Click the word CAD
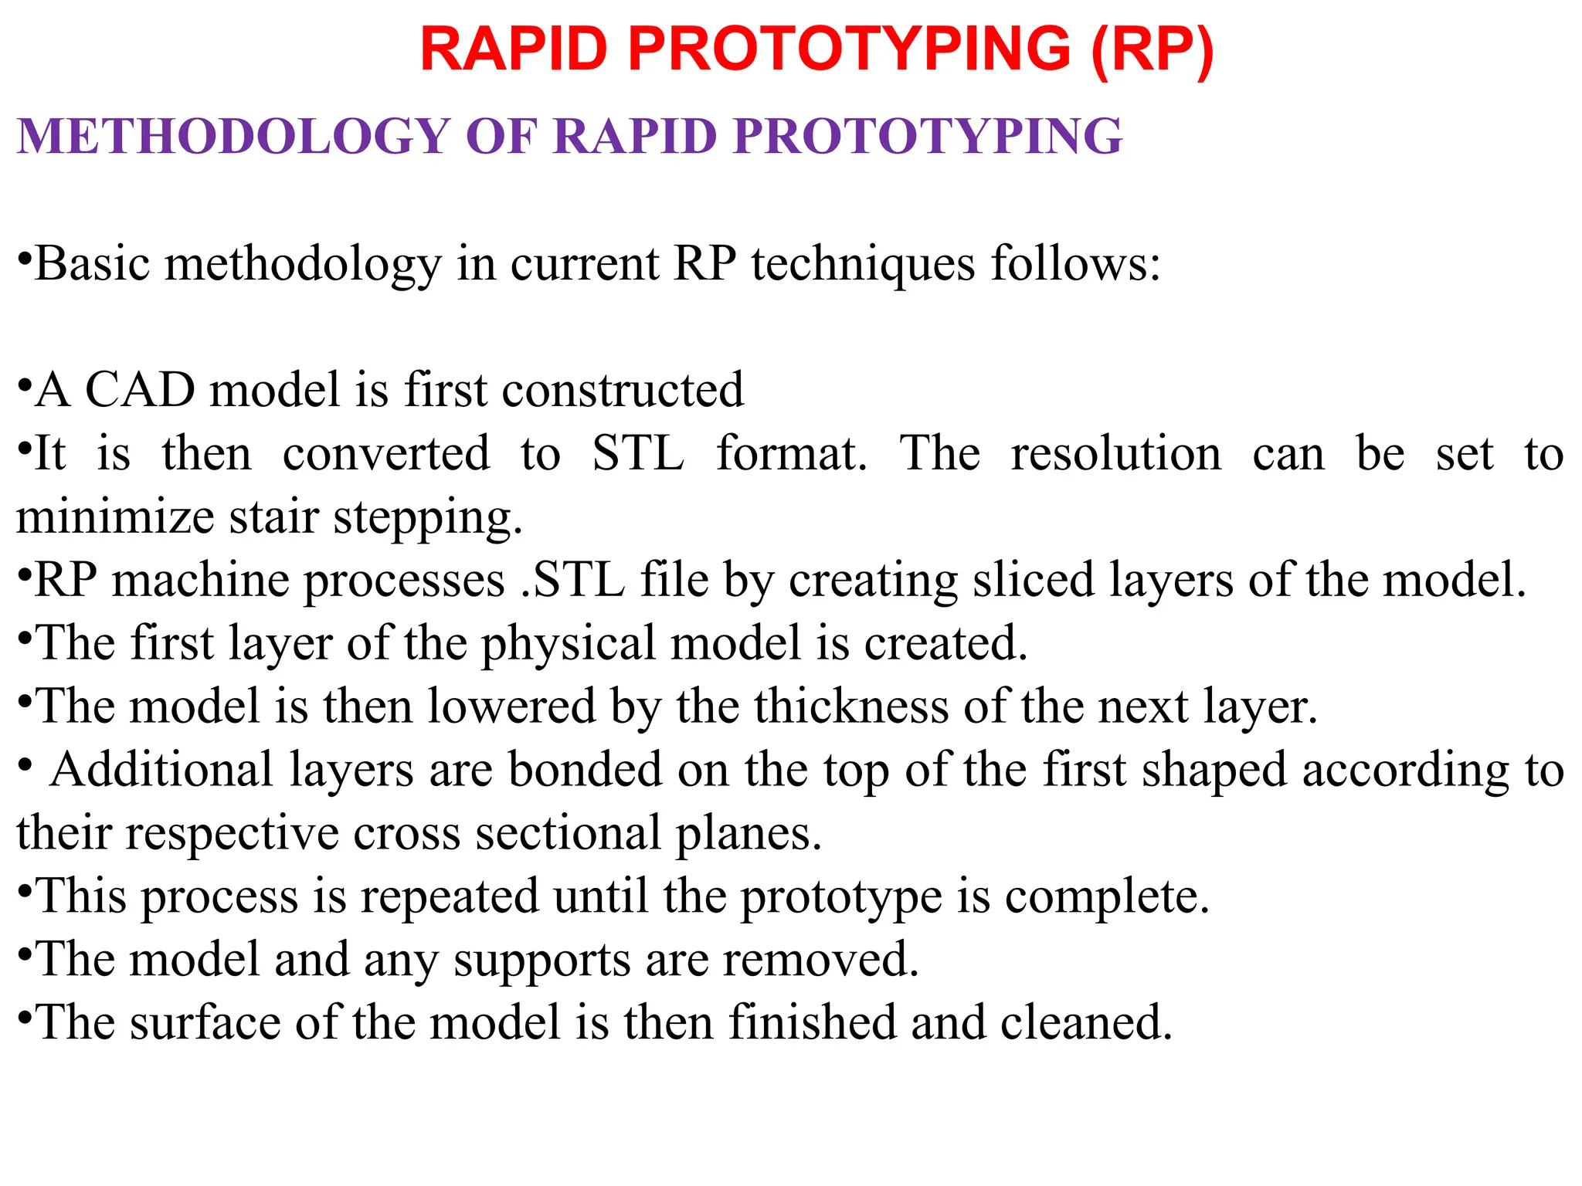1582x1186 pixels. click(140, 390)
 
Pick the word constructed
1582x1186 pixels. click(623, 390)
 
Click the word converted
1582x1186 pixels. click(386, 453)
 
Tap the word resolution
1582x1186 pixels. click(1116, 453)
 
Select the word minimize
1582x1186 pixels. click(115, 517)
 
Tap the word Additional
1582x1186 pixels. click(162, 770)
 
